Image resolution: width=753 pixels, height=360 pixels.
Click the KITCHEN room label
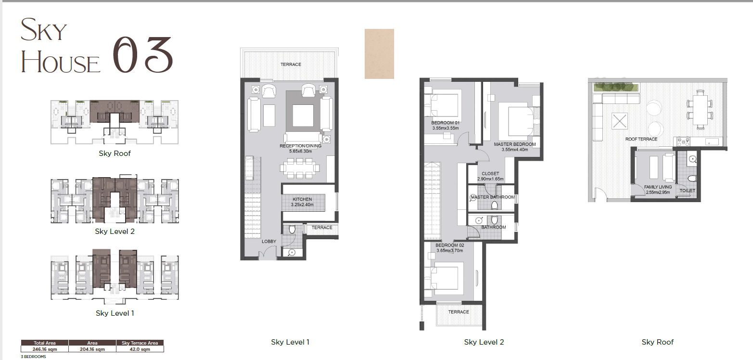click(302, 199)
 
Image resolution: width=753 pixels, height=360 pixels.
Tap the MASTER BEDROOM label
click(515, 144)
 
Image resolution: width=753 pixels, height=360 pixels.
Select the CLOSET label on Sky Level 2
click(490, 174)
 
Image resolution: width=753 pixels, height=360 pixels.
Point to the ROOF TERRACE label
click(641, 139)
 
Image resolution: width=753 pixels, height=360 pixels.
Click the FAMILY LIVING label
click(658, 187)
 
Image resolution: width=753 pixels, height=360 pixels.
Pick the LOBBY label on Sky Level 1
click(269, 241)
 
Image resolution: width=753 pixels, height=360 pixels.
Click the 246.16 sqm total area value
click(45, 349)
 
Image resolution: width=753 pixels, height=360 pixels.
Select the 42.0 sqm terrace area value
click(140, 349)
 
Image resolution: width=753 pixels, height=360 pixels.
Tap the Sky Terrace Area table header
click(140, 343)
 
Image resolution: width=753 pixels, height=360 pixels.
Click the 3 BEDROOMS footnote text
click(33, 357)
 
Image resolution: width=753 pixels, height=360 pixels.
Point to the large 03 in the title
click(142, 54)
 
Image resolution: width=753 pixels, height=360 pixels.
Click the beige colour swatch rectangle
click(379, 54)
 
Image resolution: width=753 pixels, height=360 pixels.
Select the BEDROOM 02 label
click(450, 245)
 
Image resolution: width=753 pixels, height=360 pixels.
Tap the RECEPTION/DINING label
click(301, 146)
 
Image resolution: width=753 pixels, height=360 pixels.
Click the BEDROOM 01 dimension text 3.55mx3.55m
click(446, 128)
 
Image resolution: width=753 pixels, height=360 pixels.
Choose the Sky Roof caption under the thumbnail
click(115, 153)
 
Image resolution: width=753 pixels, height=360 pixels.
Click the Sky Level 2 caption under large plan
click(484, 342)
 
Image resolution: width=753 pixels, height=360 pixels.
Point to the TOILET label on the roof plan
click(688, 191)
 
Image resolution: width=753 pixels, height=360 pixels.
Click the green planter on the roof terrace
click(616, 88)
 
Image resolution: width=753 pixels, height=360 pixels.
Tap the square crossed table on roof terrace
click(620, 121)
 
